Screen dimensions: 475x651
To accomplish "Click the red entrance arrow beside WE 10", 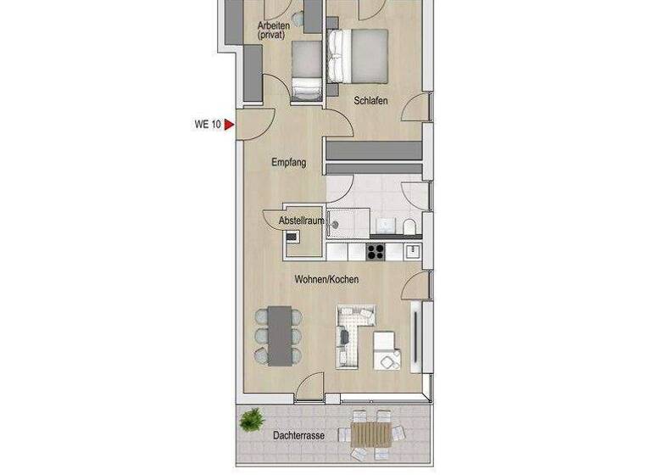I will pyautogui.click(x=229, y=125).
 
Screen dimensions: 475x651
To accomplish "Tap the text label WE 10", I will pyautogui.click(x=208, y=125).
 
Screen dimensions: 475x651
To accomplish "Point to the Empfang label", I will pyautogui.click(x=288, y=162).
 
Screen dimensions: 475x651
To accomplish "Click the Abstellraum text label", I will pyautogui.click(x=302, y=221).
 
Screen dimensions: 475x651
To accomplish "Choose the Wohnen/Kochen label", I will pyautogui.click(x=326, y=279).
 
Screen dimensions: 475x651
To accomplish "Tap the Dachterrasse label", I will pyautogui.click(x=298, y=436).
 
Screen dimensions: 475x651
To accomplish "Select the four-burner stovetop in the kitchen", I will pyautogui.click(x=375, y=251).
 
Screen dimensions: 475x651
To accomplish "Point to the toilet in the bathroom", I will pyautogui.click(x=409, y=226).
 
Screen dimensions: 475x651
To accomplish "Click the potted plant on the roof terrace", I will pyautogui.click(x=250, y=418).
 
